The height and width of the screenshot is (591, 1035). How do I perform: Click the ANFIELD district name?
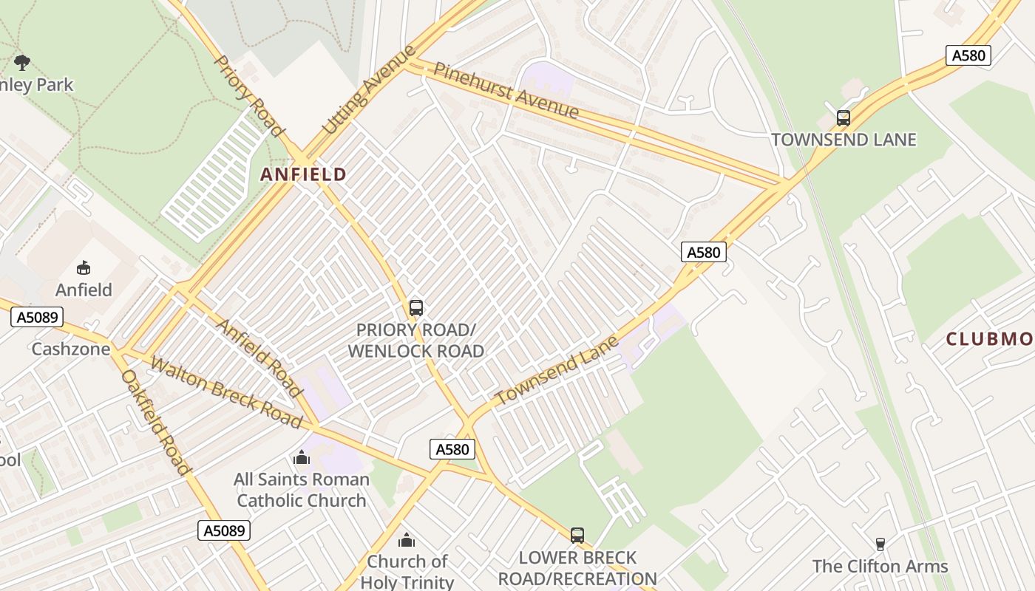tap(303, 174)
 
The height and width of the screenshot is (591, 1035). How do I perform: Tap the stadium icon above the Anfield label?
tap(84, 267)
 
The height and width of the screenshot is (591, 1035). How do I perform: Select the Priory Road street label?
tap(248, 95)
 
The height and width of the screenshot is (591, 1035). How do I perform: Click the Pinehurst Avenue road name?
tap(506, 91)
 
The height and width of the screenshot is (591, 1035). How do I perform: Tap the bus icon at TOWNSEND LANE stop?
tap(843, 117)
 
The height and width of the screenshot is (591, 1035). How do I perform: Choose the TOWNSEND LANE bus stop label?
tap(844, 140)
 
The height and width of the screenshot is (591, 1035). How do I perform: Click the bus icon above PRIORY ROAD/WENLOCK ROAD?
tap(415, 307)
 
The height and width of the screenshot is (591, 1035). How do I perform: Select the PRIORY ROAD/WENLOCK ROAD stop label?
tap(415, 340)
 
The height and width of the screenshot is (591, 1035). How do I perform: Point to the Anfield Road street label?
tap(259, 358)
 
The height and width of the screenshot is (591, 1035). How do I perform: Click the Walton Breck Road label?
tap(226, 392)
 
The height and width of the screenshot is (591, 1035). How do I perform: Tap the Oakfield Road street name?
tap(156, 422)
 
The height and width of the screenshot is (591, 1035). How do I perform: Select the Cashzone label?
tap(70, 349)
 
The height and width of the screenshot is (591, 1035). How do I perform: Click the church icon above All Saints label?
tap(301, 458)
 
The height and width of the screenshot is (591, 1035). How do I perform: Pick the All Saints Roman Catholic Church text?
tap(301, 490)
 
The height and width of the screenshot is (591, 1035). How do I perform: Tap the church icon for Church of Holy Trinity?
tap(407, 540)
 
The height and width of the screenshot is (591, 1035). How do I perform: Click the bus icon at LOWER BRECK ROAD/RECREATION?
tap(577, 535)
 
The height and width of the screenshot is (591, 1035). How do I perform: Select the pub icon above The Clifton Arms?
tap(880, 544)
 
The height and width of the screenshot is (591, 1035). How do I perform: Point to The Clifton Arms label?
tap(880, 567)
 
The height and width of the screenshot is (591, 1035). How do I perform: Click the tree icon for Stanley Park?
tap(22, 62)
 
